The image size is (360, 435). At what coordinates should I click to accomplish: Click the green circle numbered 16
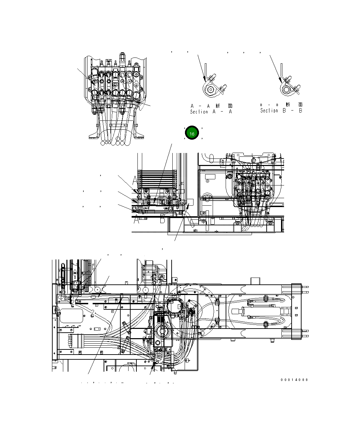click(x=192, y=133)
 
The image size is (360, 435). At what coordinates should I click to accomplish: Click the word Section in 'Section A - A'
click(x=199, y=112)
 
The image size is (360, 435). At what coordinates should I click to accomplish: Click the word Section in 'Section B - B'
click(x=269, y=111)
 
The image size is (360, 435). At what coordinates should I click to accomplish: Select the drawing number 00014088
click(x=294, y=380)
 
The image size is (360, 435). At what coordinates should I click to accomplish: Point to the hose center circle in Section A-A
click(x=211, y=90)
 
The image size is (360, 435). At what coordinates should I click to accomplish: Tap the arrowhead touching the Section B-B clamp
click(x=281, y=81)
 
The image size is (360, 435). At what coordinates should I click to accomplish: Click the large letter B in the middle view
click(x=162, y=220)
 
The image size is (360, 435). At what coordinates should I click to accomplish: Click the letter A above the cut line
click(x=135, y=180)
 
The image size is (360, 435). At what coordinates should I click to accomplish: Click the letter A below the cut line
click(x=136, y=220)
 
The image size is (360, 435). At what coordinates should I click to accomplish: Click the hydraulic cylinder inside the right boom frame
click(x=260, y=312)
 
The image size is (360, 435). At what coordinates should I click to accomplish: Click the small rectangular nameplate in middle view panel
click(x=209, y=177)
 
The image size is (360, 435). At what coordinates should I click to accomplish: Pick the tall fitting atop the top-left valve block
click(x=122, y=57)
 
